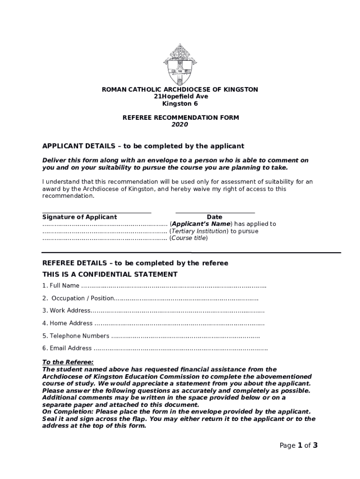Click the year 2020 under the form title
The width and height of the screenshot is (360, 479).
[x=180, y=125]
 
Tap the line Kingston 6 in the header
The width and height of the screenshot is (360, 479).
[x=180, y=103]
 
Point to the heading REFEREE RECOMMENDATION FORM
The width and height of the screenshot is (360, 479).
[x=180, y=118]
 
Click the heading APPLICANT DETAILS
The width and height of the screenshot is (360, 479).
[x=143, y=146]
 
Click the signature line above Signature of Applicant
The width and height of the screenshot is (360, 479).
[x=97, y=213]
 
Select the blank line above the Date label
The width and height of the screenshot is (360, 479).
[x=215, y=213]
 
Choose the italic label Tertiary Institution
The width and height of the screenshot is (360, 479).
[x=199, y=231]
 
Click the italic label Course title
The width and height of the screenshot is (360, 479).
[x=189, y=238]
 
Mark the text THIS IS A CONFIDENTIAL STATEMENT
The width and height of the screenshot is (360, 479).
[x=110, y=275]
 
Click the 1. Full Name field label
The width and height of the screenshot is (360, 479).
[x=61, y=286]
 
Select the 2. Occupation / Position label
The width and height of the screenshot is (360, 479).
[x=78, y=298]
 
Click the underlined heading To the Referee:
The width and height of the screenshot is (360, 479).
[x=68, y=362]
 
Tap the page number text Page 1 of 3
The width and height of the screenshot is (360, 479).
[x=298, y=446]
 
